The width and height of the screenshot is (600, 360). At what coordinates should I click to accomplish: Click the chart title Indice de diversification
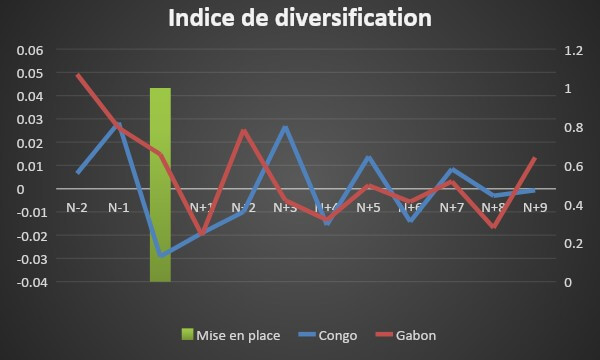[x=300, y=19]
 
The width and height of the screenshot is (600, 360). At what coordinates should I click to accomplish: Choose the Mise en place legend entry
[x=230, y=335]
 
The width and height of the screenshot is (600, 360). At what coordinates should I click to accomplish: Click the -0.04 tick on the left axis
[x=30, y=282]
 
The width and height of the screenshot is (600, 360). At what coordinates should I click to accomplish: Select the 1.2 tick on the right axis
[x=571, y=50]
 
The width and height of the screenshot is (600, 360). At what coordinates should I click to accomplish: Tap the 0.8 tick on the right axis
[x=571, y=127]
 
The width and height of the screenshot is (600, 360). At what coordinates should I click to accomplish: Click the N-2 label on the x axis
[x=77, y=207]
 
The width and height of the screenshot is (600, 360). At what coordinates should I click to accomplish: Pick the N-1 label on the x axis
[x=118, y=207]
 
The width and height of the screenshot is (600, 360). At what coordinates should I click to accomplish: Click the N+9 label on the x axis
[x=535, y=207]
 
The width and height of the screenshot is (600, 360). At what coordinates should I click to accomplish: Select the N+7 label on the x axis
[x=451, y=207]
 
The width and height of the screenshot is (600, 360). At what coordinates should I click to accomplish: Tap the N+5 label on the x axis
[x=368, y=207]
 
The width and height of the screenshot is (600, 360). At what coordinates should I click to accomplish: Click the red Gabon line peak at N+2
[x=243, y=131]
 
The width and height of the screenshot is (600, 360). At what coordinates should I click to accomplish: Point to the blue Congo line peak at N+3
[x=285, y=127]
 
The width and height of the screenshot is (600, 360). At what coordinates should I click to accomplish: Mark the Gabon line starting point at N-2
[x=77, y=75]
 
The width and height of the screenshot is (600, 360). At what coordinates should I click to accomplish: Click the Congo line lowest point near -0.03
[x=160, y=256]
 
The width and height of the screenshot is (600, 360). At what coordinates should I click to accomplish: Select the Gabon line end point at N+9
[x=535, y=158]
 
